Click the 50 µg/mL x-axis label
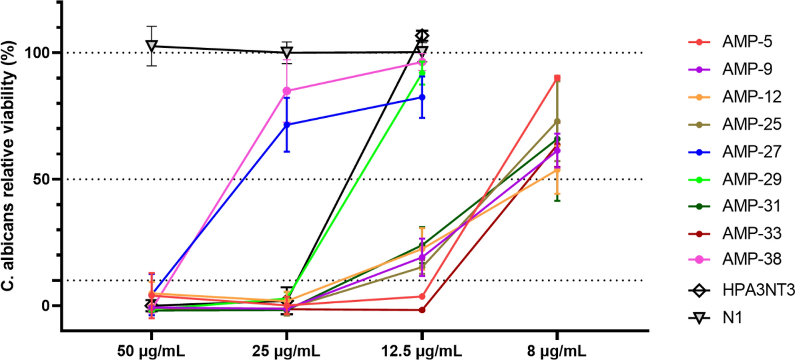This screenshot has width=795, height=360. pyautogui.click(x=152, y=351)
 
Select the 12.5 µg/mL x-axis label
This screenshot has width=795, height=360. pyautogui.click(x=422, y=351)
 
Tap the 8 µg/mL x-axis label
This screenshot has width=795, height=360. pyautogui.click(x=557, y=351)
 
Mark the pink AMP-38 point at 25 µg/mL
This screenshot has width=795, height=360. pyautogui.click(x=287, y=91)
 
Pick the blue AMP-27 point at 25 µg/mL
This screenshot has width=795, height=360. pyautogui.click(x=287, y=125)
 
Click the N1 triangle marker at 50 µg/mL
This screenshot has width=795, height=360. pyautogui.click(x=152, y=46)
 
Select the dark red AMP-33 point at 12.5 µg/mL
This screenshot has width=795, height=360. pyautogui.click(x=422, y=310)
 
